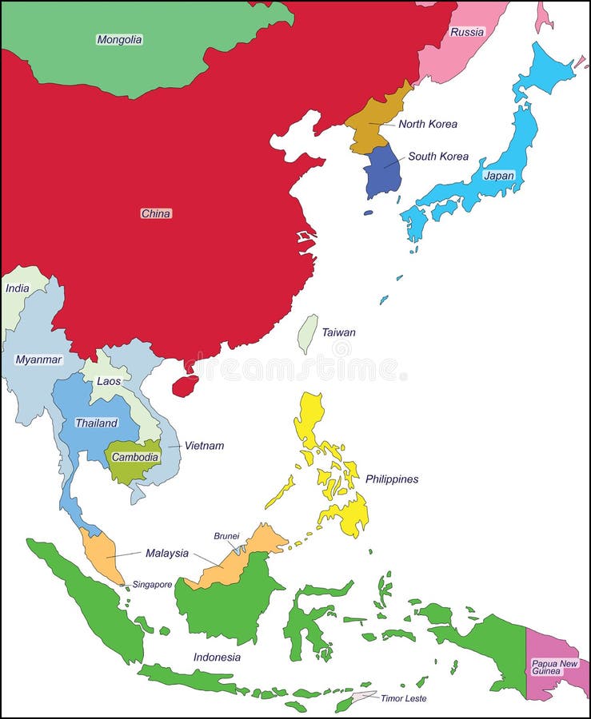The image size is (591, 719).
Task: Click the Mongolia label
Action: point(119,39)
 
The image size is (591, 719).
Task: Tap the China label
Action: point(156,213)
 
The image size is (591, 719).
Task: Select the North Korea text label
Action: point(428,124)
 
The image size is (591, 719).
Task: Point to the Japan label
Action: point(499,176)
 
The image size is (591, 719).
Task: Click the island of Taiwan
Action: point(307,332)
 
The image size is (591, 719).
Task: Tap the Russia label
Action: point(467,32)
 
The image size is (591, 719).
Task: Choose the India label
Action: point(17,288)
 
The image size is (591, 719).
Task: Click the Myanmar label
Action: point(38,359)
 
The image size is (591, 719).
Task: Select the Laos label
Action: point(109,381)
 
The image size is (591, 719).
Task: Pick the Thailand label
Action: point(96,423)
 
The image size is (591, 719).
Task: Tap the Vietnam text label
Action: point(204,446)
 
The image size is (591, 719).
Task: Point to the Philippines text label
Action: point(392,479)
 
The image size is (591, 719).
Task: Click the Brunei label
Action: point(226,536)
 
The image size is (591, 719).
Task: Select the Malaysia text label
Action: point(167,553)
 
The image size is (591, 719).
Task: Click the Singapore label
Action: point(152,585)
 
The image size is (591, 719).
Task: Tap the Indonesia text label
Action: point(217,657)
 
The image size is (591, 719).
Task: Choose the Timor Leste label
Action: point(403,698)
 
